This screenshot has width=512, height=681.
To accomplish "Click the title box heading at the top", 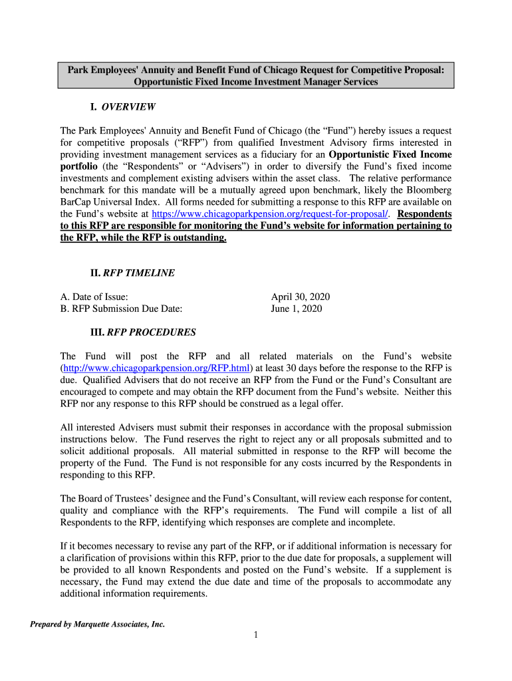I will (x=256, y=76).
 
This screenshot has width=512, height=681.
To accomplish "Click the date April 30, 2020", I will (x=301, y=297).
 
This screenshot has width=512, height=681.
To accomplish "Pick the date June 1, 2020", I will (x=297, y=309).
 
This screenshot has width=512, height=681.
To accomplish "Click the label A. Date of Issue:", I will (x=94, y=297).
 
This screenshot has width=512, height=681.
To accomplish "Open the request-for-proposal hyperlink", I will (x=271, y=214).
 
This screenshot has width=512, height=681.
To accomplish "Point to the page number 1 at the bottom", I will (x=255, y=635).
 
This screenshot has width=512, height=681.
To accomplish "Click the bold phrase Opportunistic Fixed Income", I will (x=390, y=154).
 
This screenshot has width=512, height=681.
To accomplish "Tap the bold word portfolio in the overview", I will (x=79, y=166).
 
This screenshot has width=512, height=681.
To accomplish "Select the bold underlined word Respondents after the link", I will (x=424, y=214).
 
